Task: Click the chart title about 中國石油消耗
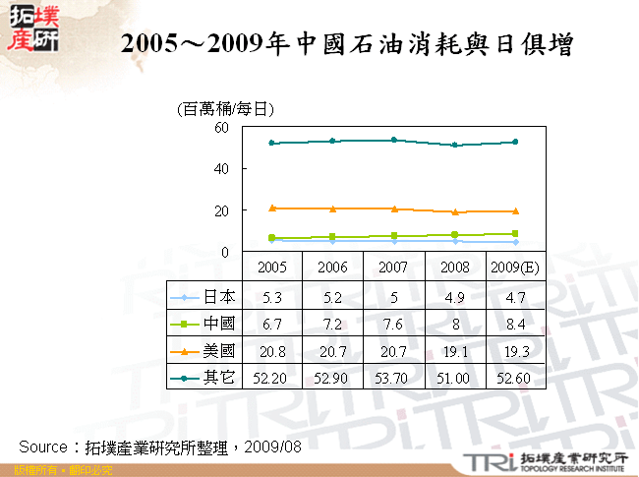click(346, 44)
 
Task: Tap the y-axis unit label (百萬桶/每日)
click(224, 109)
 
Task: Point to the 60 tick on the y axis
click(221, 127)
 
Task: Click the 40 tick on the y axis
click(221, 169)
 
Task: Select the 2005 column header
click(271, 267)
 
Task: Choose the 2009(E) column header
click(515, 267)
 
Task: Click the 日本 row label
click(218, 296)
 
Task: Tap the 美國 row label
click(218, 350)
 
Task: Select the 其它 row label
click(218, 378)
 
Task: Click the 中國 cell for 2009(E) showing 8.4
click(515, 323)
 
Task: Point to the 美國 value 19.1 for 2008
click(454, 350)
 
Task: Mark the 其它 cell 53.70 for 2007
click(393, 378)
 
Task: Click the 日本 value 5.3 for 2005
click(271, 296)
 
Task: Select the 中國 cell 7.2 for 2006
click(332, 323)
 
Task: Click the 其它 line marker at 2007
click(393, 140)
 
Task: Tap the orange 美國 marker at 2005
click(271, 208)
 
